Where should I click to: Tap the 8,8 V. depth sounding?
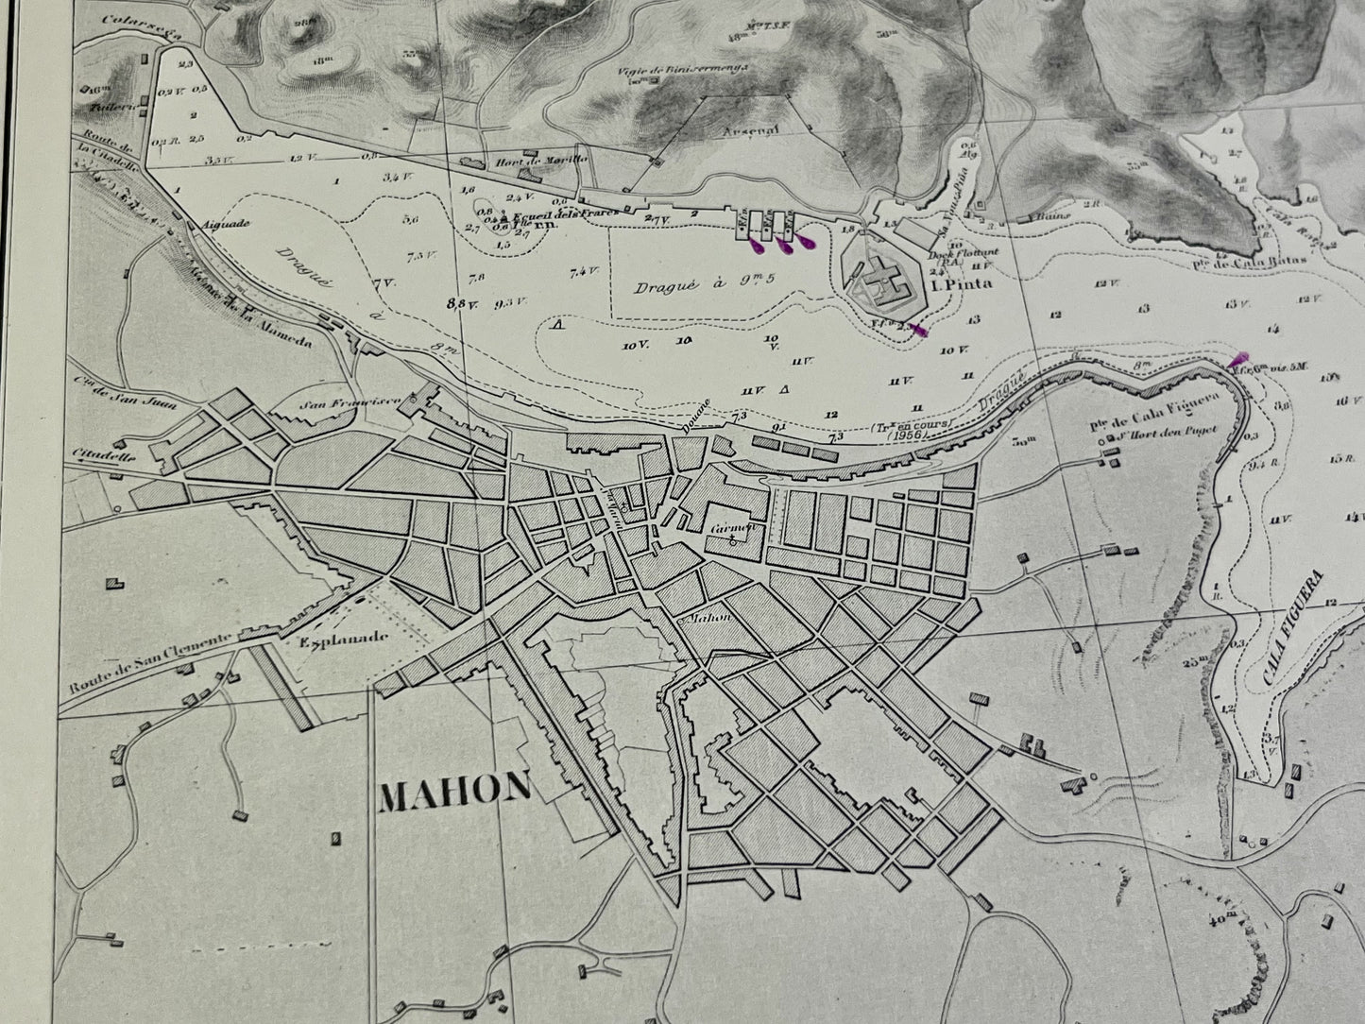click(x=461, y=303)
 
